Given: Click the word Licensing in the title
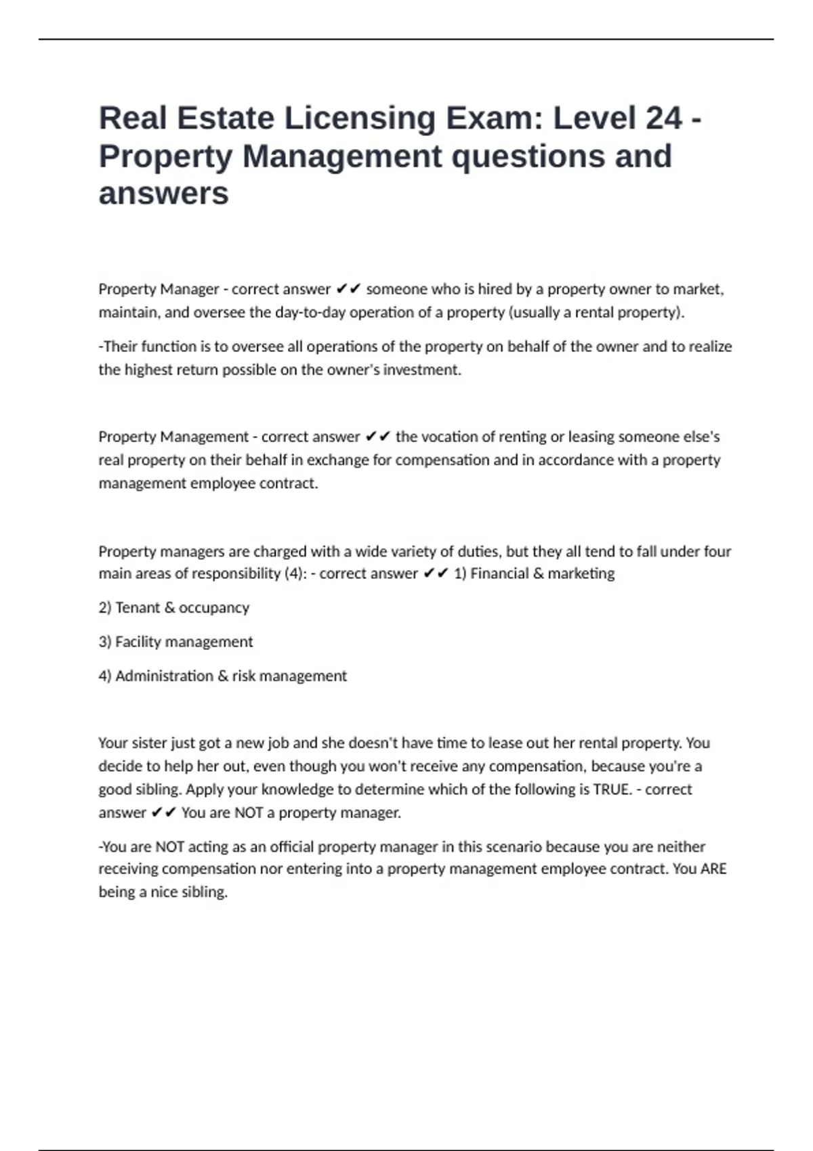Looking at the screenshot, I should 360,118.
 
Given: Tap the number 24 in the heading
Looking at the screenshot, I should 664,118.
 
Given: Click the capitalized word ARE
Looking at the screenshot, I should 713,869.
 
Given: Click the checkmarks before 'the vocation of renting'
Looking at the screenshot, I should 377,437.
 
